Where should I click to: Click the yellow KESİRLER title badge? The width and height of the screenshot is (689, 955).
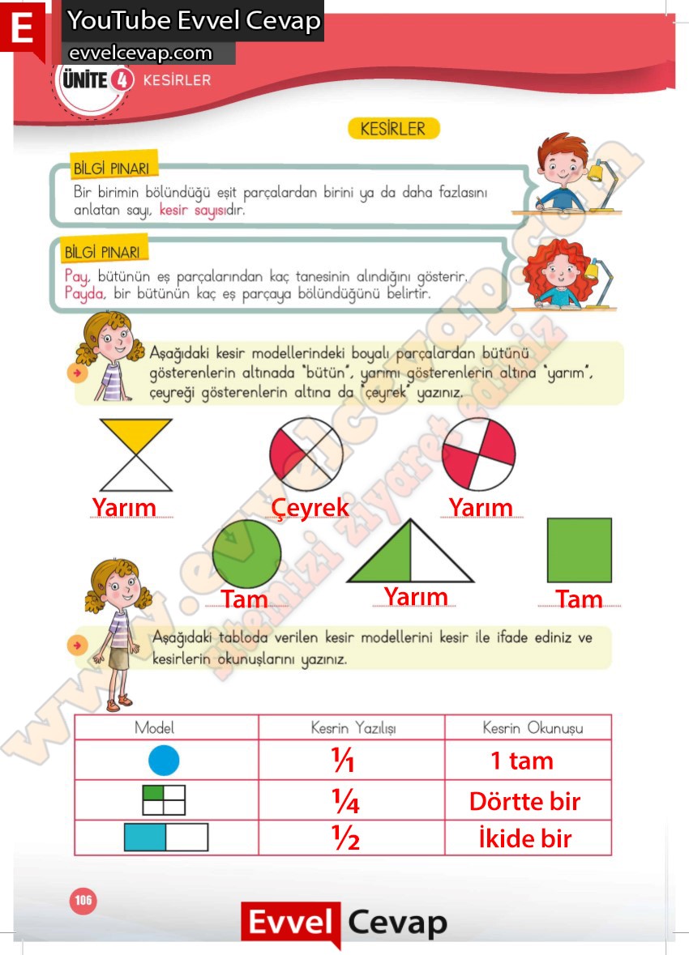[393, 129]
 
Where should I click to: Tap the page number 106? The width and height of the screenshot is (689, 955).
[83, 900]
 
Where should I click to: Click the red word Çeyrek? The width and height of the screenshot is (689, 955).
[310, 508]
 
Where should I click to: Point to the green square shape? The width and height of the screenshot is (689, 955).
[579, 550]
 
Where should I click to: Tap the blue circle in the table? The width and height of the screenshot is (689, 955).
[164, 761]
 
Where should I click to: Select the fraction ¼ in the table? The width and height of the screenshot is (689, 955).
[345, 801]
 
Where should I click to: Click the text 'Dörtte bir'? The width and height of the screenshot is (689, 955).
[524, 801]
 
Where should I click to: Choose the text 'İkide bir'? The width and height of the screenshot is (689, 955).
[524, 839]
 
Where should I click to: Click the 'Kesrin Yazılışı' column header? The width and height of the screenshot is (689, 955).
[353, 727]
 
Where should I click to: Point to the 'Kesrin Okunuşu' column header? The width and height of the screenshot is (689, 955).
[533, 727]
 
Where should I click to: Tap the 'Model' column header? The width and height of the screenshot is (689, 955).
[155, 727]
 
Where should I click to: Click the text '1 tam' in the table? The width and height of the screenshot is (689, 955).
[522, 761]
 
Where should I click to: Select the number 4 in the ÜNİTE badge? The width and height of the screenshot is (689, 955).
[121, 80]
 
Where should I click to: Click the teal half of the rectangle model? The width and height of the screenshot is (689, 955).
[145, 837]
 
